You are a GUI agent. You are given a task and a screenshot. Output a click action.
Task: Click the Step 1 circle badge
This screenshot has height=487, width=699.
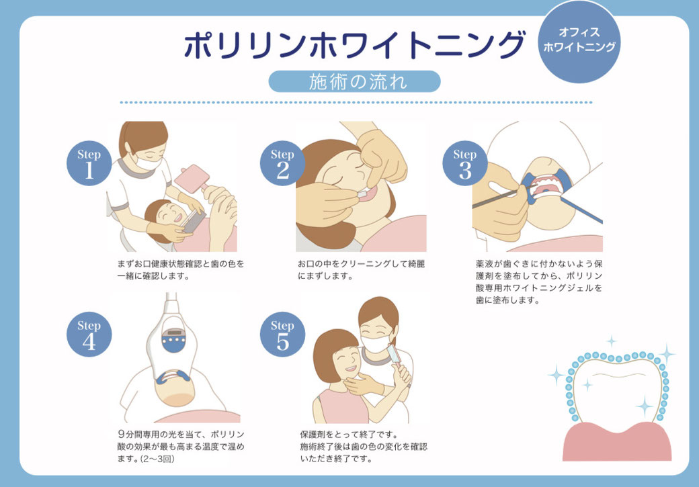(89, 164)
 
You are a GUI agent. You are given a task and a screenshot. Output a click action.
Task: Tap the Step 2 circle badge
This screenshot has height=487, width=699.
(282, 164)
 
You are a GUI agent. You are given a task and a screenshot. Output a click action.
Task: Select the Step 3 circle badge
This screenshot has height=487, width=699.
(464, 164)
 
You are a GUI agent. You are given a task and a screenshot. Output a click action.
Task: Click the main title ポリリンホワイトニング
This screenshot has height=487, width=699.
(354, 46)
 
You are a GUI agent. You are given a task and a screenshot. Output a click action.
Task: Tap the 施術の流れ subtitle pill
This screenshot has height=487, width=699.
(354, 81)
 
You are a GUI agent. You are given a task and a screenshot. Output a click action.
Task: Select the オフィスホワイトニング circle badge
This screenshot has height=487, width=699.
(579, 40)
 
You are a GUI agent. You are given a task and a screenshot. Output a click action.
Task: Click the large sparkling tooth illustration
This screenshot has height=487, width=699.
(615, 390)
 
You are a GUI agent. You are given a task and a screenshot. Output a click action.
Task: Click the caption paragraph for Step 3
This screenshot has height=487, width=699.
(538, 282)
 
